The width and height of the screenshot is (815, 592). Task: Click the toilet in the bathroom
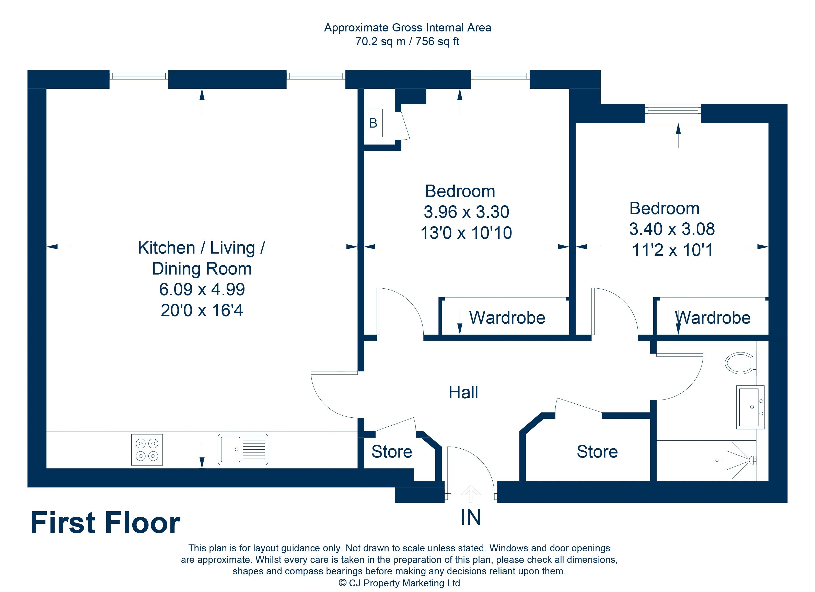click(740, 363)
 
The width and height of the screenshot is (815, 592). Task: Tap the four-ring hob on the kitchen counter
click(147, 450)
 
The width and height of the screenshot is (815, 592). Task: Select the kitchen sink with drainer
click(243, 449)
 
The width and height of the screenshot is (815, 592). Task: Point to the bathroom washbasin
click(750, 407)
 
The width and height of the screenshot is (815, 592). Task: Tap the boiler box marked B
click(373, 123)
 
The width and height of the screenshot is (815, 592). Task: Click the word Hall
click(463, 393)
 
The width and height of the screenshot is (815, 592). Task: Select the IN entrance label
click(470, 518)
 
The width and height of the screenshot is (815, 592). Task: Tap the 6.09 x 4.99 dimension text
click(202, 289)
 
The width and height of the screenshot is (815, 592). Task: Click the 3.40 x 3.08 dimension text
click(672, 229)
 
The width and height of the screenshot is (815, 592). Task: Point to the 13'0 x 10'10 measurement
click(466, 233)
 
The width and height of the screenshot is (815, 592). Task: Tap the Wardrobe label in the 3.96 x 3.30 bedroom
click(507, 318)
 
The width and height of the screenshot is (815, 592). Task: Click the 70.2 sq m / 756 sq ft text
click(407, 42)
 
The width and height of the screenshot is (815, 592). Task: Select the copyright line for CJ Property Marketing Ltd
click(399, 583)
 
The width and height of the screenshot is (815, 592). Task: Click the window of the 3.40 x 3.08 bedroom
click(673, 109)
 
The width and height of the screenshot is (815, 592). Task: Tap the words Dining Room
click(202, 269)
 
